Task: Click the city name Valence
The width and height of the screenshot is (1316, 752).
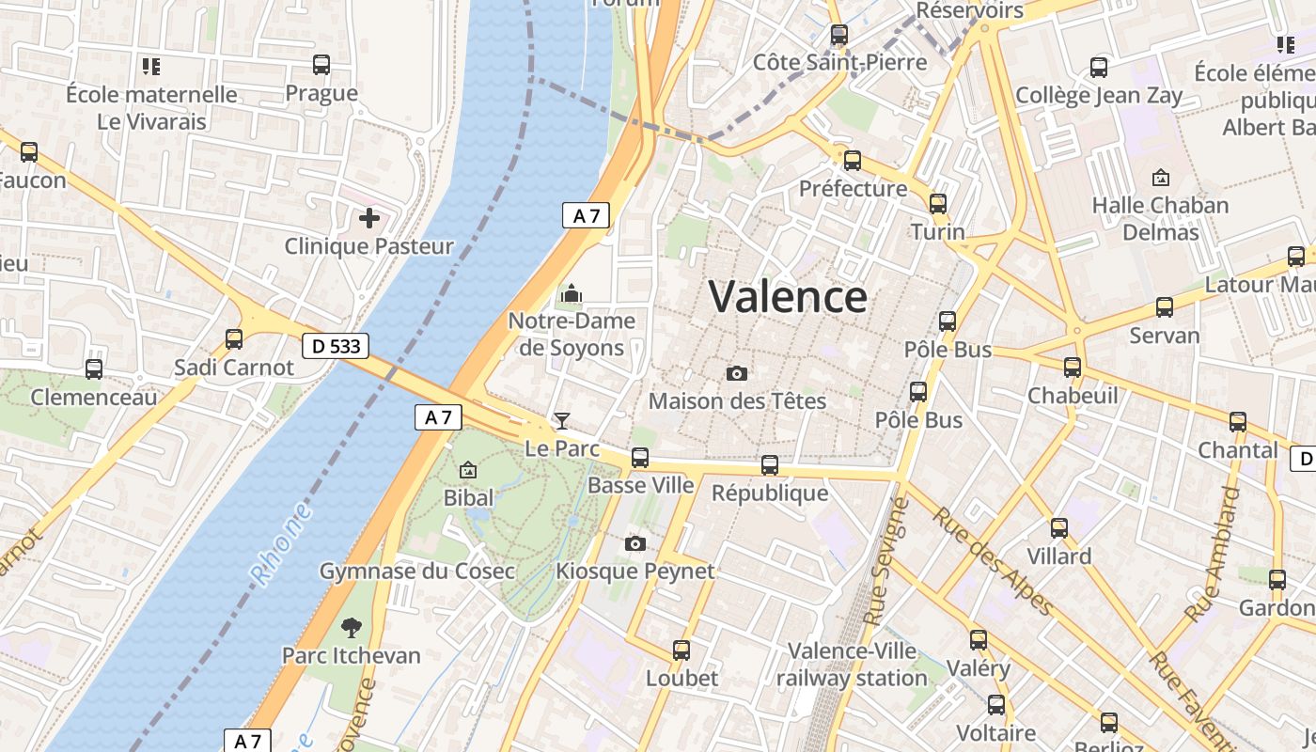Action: pyautogui.click(x=788, y=297)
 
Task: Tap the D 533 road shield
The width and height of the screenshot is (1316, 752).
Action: pyautogui.click(x=336, y=346)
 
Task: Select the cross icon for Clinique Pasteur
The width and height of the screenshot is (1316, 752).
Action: pyautogui.click(x=369, y=218)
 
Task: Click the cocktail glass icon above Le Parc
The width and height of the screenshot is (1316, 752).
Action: pyautogui.click(x=562, y=420)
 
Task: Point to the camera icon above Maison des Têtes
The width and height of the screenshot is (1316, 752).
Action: pyautogui.click(x=737, y=373)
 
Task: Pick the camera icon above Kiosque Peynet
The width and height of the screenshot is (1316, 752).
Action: pyautogui.click(x=635, y=543)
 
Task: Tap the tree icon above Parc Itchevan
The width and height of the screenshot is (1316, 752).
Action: pyautogui.click(x=352, y=627)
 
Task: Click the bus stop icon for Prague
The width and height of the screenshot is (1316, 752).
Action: pyautogui.click(x=321, y=65)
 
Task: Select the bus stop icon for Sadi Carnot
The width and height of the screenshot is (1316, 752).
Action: pyautogui.click(x=234, y=339)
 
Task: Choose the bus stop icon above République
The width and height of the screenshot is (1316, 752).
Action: pyautogui.click(x=770, y=464)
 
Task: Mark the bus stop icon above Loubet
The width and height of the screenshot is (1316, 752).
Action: pyautogui.click(x=681, y=650)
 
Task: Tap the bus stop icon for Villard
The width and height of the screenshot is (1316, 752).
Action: pyautogui.click(x=1059, y=528)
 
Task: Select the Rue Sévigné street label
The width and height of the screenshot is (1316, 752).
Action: pyautogui.click(x=885, y=562)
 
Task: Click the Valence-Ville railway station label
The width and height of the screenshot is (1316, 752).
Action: pyautogui.click(x=852, y=664)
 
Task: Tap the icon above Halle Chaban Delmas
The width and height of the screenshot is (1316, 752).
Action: pyautogui.click(x=1161, y=177)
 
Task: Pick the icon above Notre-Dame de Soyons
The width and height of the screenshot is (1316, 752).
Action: pyautogui.click(x=572, y=294)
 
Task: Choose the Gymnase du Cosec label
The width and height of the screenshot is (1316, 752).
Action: pyautogui.click(x=417, y=571)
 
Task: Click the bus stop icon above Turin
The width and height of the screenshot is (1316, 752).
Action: pyautogui.click(x=937, y=204)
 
